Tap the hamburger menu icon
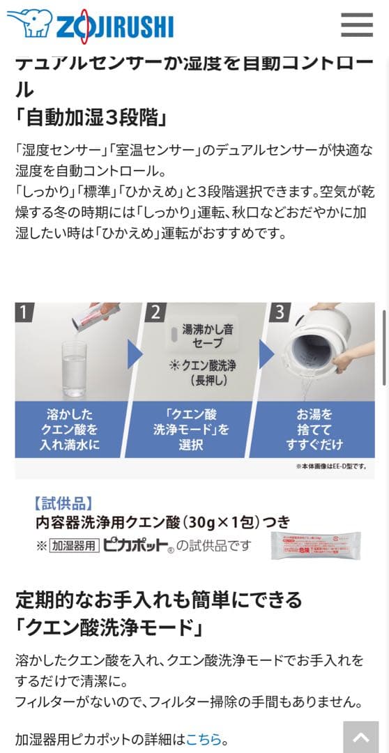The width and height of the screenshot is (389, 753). click(x=357, y=24)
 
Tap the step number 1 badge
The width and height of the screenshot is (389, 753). click(x=24, y=312)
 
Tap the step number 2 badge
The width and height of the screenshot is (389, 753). click(x=155, y=312)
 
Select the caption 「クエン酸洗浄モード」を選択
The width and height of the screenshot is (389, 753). click(x=190, y=429)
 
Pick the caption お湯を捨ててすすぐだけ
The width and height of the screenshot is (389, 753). click(x=312, y=429)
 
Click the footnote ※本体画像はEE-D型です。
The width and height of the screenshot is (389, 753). click(x=330, y=466)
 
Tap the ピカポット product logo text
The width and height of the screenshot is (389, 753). click(x=136, y=545)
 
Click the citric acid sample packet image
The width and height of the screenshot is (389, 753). click(x=315, y=545)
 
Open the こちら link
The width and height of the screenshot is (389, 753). click(x=204, y=739)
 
